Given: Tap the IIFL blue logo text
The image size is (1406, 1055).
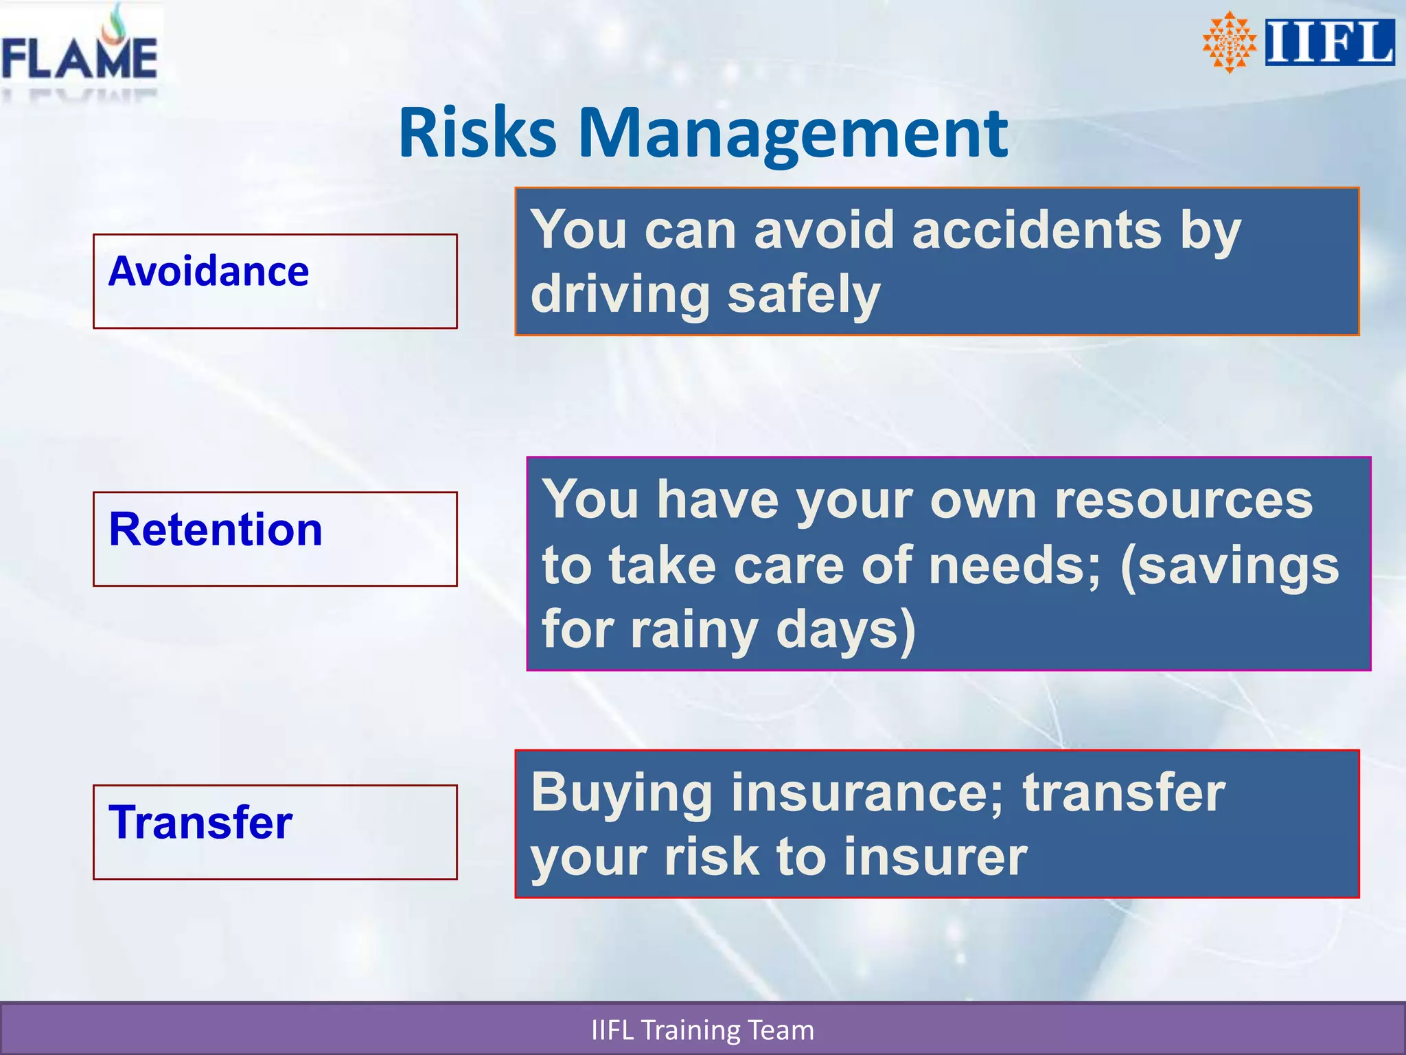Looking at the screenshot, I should click(x=1329, y=43).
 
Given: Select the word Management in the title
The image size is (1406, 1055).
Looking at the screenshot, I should click(x=792, y=135).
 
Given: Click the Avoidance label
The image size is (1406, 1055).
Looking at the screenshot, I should click(x=209, y=271).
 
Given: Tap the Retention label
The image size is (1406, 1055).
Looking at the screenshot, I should click(x=216, y=530).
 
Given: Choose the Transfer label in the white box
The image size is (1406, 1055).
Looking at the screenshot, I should click(x=200, y=822).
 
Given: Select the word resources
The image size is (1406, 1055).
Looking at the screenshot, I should click(x=1183, y=500).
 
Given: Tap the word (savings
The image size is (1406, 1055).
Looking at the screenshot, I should click(x=1229, y=566).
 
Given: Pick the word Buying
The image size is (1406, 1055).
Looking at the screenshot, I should click(x=621, y=794).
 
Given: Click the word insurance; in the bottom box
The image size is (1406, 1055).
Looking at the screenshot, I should click(x=868, y=793).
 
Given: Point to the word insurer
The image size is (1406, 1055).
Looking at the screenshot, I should click(x=935, y=857).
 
